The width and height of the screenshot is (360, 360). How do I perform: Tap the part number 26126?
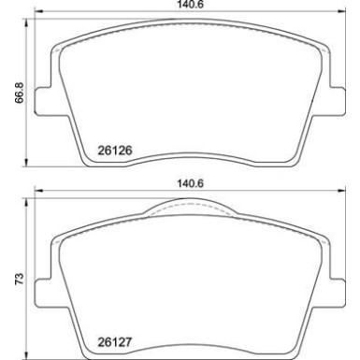(x=113, y=147)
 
